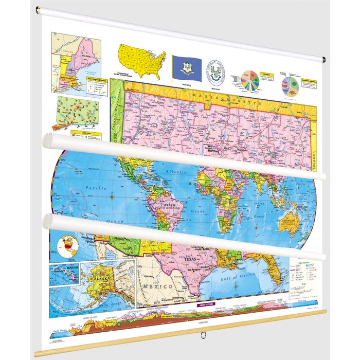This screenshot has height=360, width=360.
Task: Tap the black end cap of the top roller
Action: [x=324, y=60]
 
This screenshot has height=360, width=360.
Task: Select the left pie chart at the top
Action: [x=250, y=81]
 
